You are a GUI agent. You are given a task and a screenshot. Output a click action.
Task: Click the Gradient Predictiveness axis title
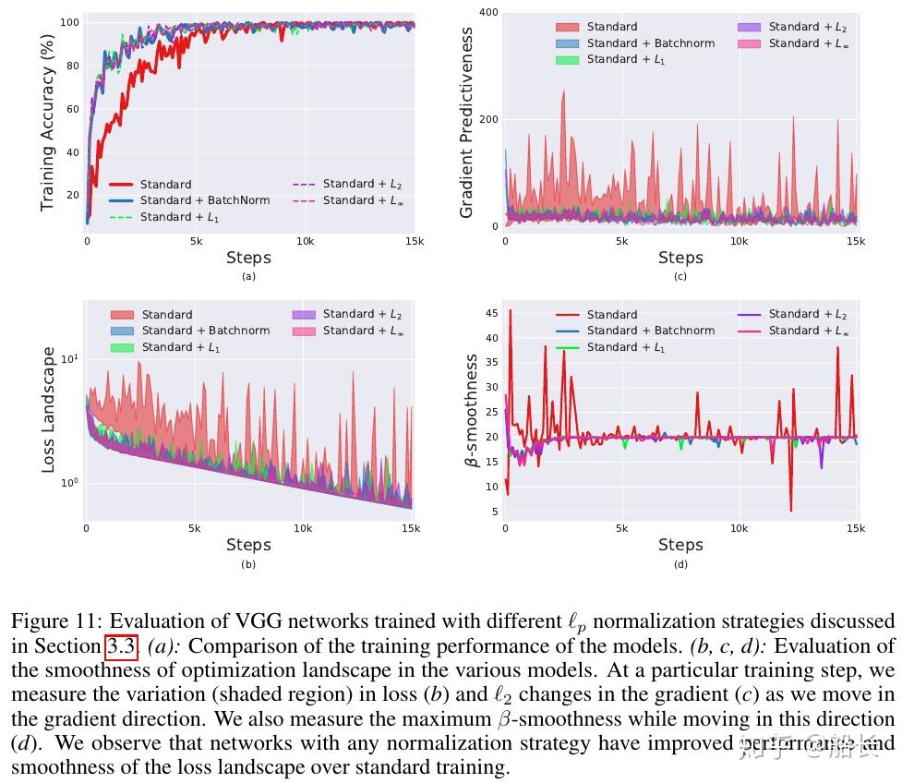point(466,122)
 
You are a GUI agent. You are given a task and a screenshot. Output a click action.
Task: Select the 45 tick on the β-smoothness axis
point(491,314)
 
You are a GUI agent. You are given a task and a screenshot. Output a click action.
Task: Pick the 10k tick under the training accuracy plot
point(305,242)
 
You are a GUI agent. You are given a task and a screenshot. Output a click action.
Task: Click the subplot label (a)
point(248,276)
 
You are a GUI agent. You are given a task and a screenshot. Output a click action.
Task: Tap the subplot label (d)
point(680,565)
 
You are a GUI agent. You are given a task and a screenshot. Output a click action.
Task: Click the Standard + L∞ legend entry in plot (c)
point(806,43)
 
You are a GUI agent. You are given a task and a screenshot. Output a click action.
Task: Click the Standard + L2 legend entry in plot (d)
point(807,314)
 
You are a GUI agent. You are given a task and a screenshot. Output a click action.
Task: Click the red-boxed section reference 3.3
point(121,646)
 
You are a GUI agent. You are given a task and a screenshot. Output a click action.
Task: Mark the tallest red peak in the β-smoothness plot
point(510,311)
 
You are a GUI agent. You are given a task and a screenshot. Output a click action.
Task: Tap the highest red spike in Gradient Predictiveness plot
point(563,91)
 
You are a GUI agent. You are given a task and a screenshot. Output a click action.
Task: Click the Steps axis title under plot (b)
point(248,545)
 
